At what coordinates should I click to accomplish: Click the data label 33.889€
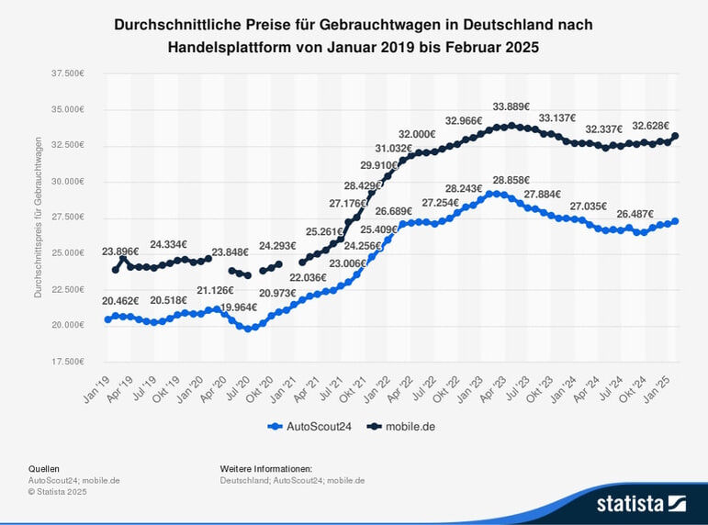(x=511, y=106)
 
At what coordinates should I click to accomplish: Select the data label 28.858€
(x=511, y=180)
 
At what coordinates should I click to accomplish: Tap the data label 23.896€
(x=120, y=251)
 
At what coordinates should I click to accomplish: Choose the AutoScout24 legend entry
(x=309, y=426)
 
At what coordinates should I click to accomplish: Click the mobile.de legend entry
(x=401, y=426)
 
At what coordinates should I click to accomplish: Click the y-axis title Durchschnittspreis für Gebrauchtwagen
(x=39, y=218)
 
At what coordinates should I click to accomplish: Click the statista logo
(x=641, y=503)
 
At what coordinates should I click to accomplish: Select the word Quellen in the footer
(x=44, y=468)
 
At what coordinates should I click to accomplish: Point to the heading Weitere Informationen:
(x=266, y=468)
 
